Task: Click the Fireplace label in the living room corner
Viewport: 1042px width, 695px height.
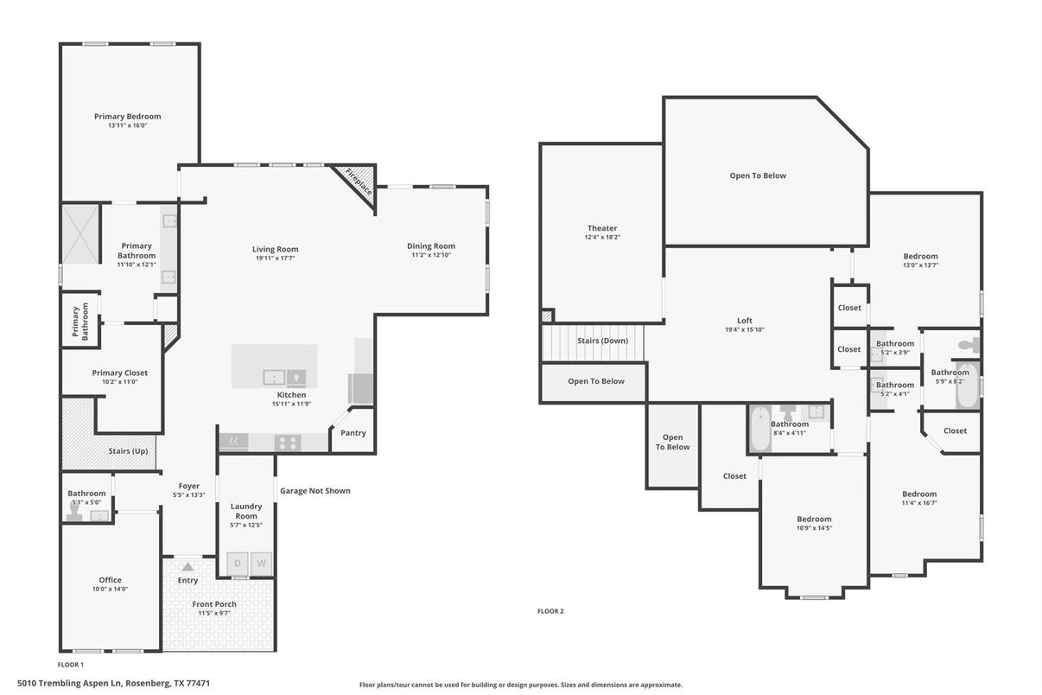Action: click(x=359, y=182)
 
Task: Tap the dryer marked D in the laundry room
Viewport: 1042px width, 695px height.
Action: click(x=238, y=564)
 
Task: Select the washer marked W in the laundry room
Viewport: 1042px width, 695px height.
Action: click(x=261, y=564)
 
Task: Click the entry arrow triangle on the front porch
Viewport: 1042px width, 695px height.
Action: click(x=187, y=566)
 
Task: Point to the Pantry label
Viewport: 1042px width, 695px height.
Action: click(x=353, y=433)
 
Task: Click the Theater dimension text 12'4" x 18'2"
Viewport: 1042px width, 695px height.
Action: click(x=602, y=237)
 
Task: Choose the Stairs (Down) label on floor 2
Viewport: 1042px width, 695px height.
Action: click(x=602, y=341)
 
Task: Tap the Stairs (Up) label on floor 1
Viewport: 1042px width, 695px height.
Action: click(x=128, y=451)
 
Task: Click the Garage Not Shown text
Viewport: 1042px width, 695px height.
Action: click(x=315, y=491)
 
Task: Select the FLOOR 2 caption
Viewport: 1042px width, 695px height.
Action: click(x=550, y=611)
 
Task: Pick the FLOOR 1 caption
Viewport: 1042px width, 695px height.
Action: click(x=70, y=665)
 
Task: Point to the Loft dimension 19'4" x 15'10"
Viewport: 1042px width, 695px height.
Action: click(x=744, y=329)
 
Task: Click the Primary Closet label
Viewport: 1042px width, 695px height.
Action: click(x=119, y=373)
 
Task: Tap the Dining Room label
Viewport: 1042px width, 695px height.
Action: click(x=431, y=245)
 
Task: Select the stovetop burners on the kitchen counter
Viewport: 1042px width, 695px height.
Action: click(x=287, y=443)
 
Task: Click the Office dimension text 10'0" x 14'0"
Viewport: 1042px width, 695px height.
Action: click(x=110, y=589)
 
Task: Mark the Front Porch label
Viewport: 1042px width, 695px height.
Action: click(x=214, y=604)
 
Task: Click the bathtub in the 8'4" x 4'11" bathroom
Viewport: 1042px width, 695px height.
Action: click(x=760, y=429)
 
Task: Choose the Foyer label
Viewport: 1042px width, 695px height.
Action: click(x=189, y=486)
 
